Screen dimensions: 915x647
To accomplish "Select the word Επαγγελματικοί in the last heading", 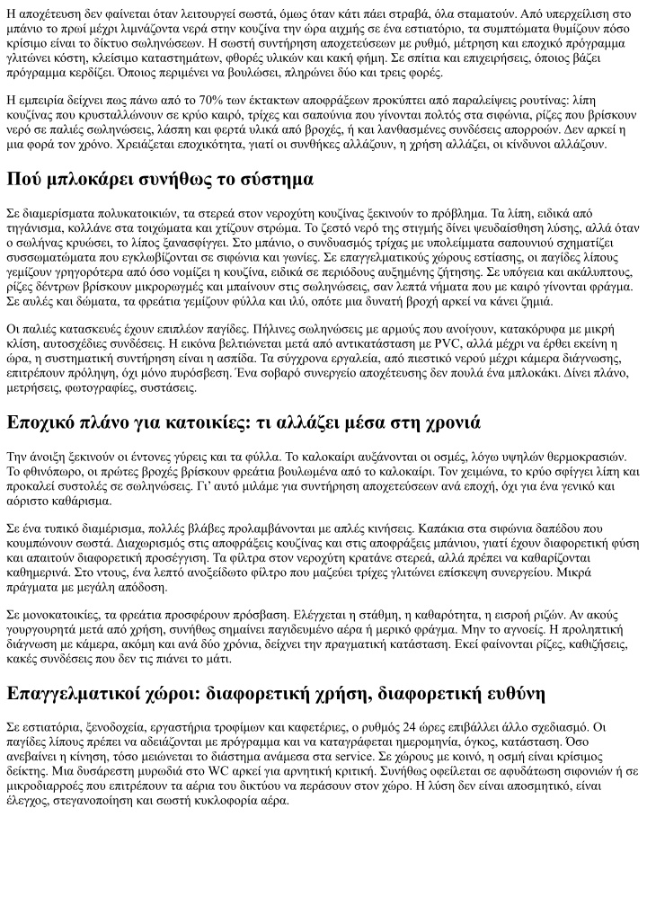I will tap(80, 694).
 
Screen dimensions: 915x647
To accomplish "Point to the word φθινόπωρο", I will tap(43, 471).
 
